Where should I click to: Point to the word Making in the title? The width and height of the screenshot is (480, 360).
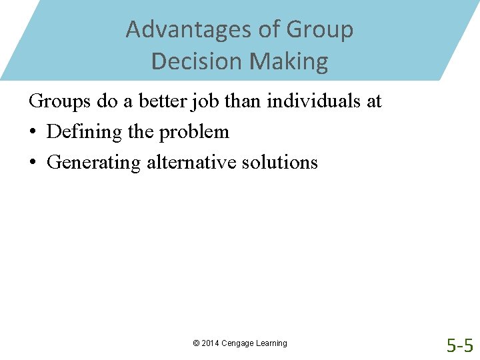[x=289, y=61]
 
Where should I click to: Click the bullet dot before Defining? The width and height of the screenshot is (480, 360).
[x=33, y=133]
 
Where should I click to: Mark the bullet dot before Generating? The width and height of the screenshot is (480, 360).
[x=33, y=163]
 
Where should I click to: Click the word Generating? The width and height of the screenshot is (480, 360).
[x=94, y=163]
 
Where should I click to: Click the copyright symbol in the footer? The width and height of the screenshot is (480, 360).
[x=196, y=343]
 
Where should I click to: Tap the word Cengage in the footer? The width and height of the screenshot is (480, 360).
[x=239, y=343]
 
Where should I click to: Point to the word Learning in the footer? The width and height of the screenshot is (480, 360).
[x=272, y=343]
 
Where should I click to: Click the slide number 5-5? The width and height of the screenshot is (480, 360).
[x=460, y=346]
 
